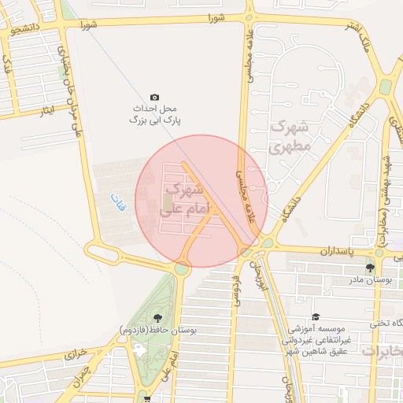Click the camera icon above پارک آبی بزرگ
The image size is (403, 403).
point(154,97)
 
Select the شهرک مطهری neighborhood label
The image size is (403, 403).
point(290,136)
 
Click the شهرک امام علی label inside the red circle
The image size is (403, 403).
point(182,201)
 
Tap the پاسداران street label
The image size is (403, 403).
point(338,250)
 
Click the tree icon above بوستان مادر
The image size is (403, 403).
point(370,268)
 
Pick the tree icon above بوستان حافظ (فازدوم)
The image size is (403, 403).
point(158,318)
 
